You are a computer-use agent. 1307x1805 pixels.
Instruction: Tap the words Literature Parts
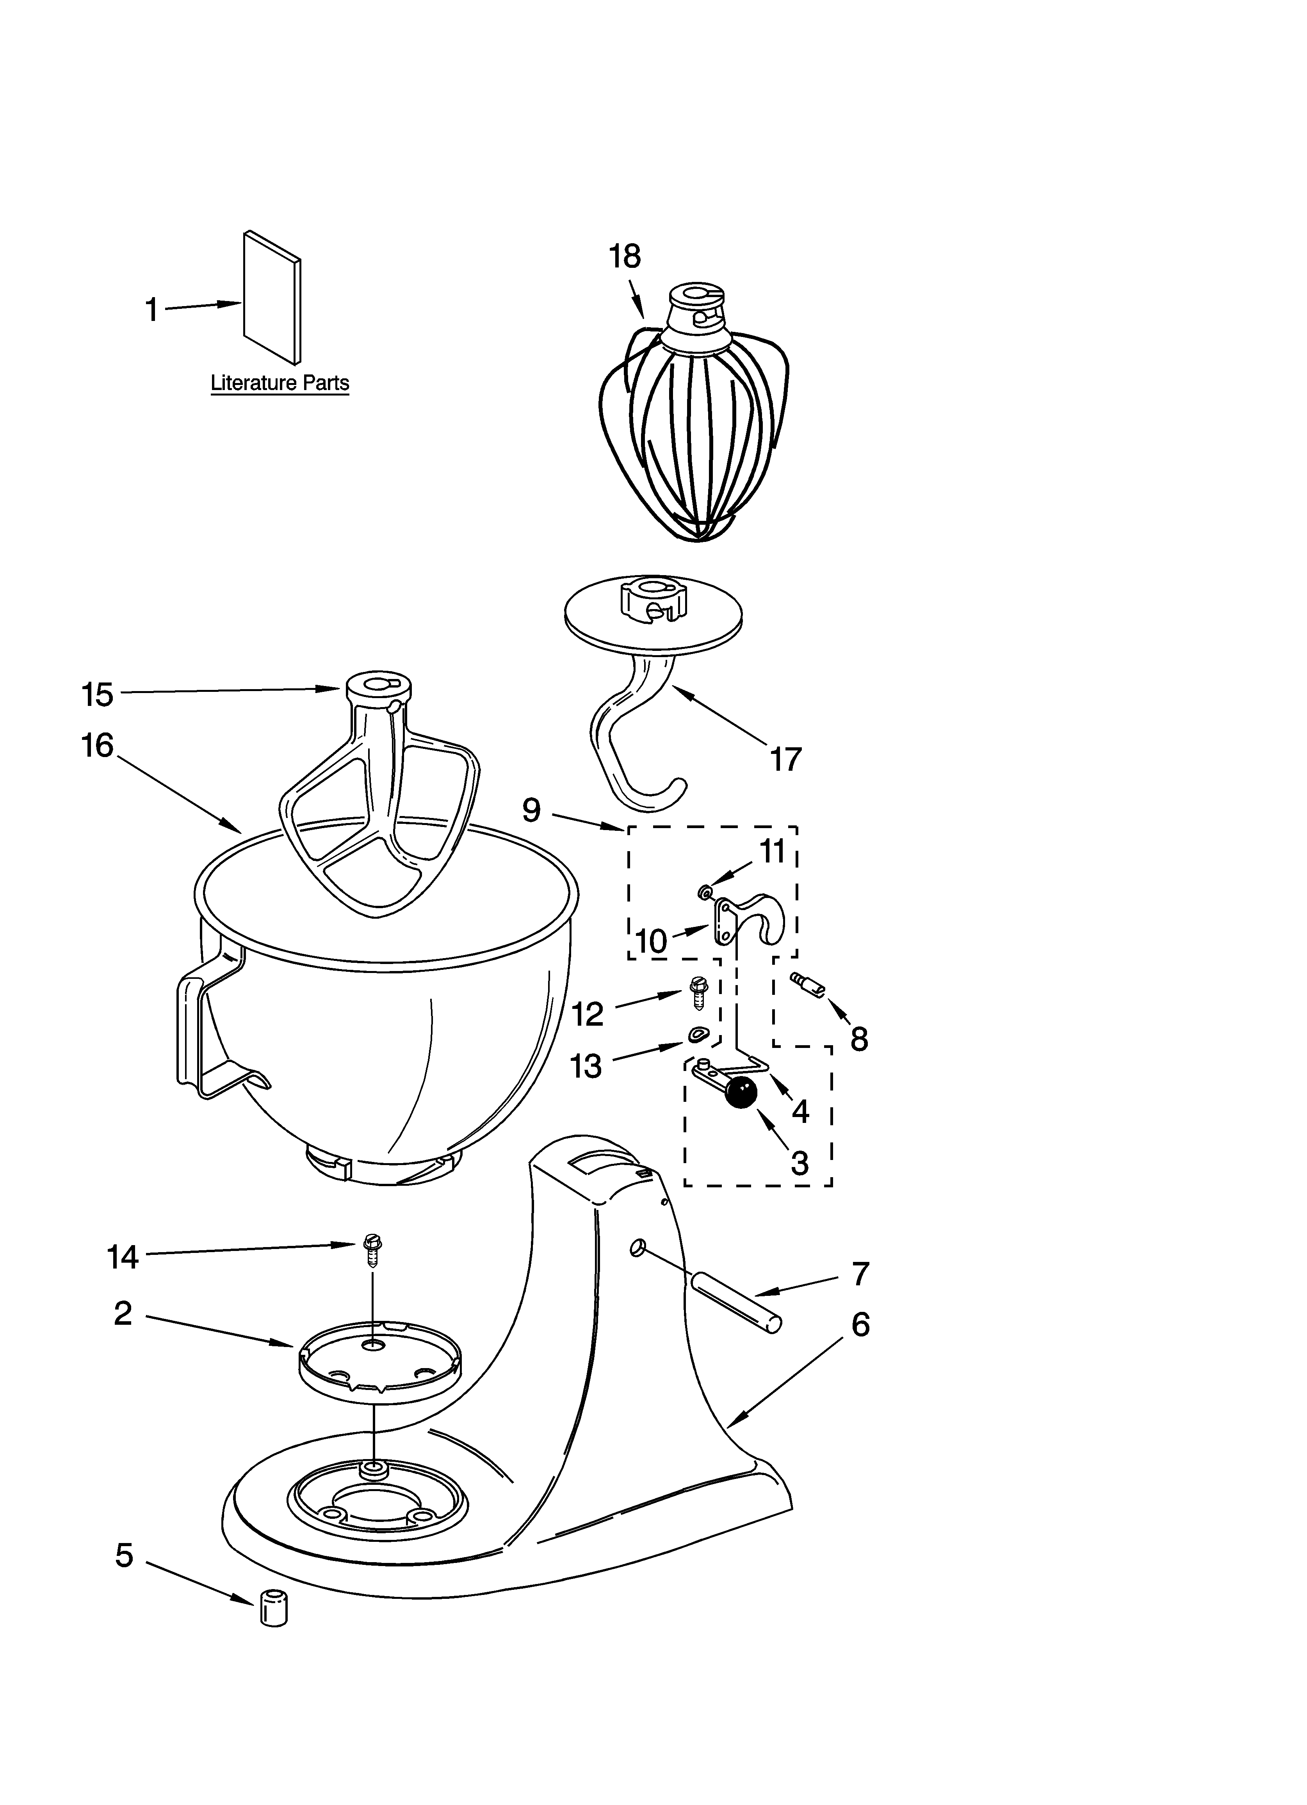[x=280, y=383]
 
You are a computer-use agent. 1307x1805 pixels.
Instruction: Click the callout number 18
[x=625, y=257]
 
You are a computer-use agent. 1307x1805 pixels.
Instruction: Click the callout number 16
[x=98, y=747]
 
